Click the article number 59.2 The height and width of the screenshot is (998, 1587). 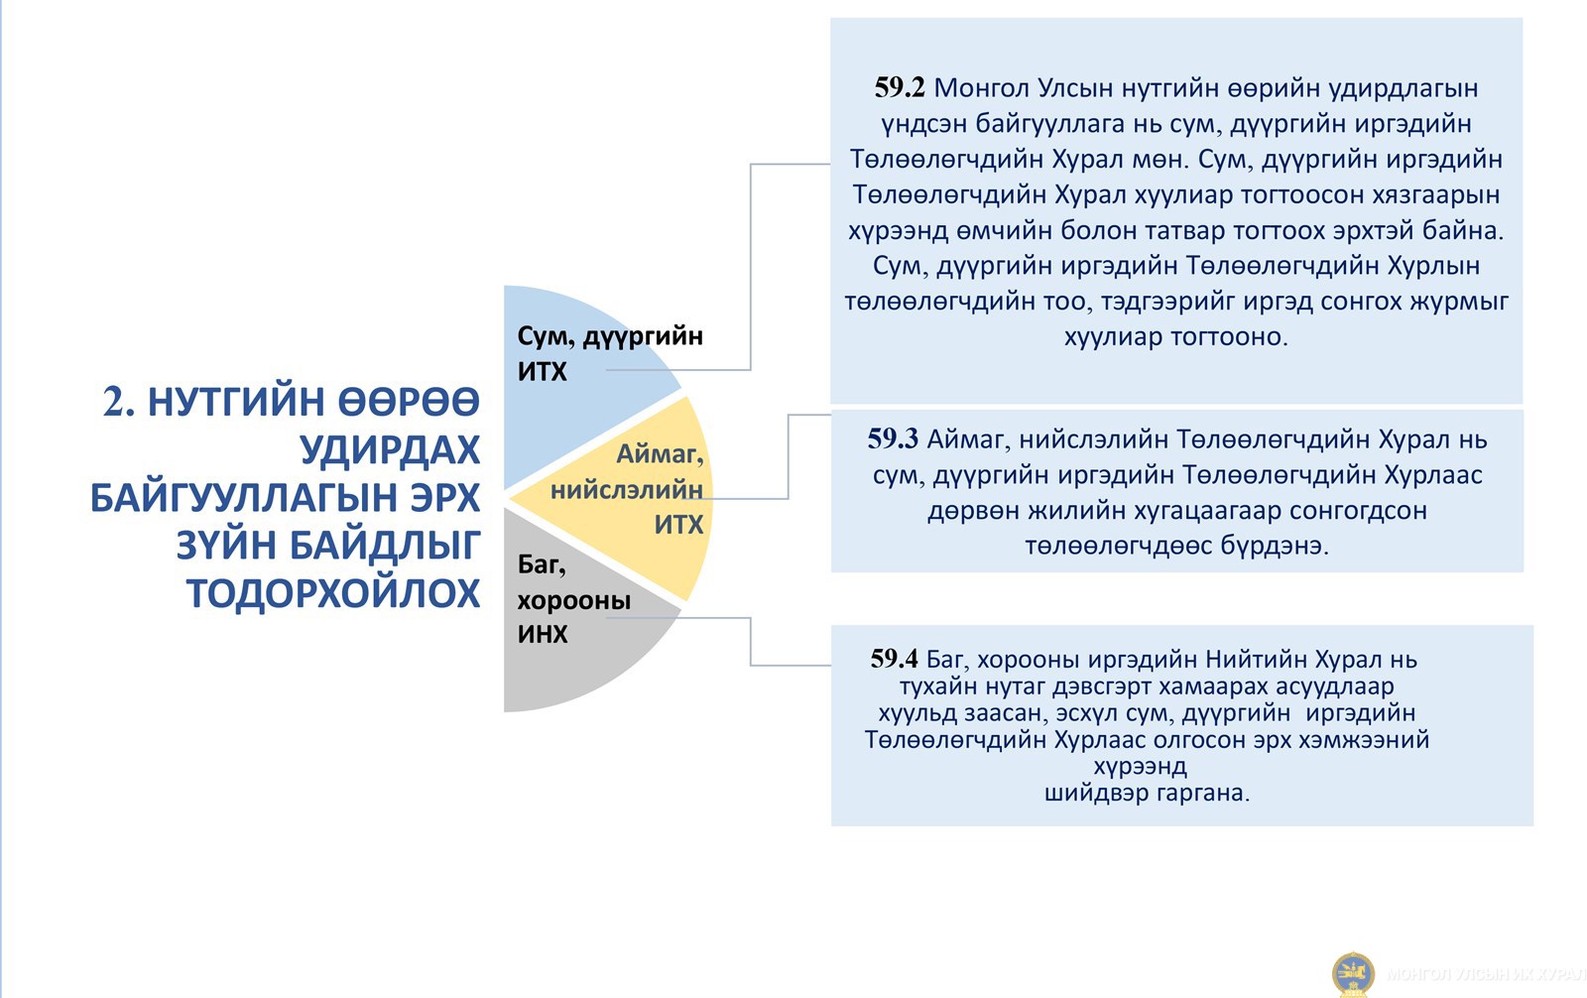(x=900, y=88)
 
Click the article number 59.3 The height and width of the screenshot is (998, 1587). (x=893, y=439)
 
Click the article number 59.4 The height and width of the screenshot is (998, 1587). (x=894, y=659)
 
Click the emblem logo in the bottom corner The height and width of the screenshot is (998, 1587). (x=1353, y=974)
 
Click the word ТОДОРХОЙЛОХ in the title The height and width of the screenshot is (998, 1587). (x=333, y=594)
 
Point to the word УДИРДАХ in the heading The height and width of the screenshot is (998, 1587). (x=391, y=449)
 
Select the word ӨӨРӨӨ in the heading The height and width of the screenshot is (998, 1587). (x=409, y=402)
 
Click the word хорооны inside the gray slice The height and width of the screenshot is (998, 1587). (x=574, y=600)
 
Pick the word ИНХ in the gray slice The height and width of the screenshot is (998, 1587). (x=543, y=634)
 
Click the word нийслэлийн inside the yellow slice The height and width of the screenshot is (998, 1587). (x=627, y=490)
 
